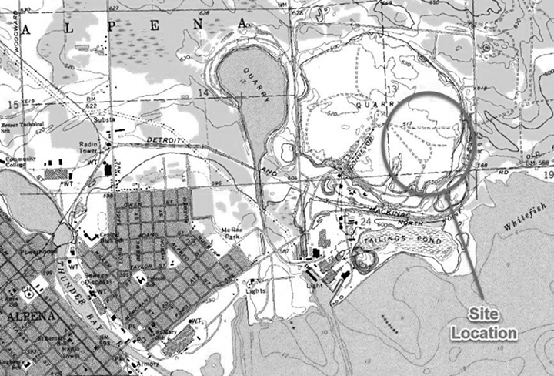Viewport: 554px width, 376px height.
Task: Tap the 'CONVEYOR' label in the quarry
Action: click(x=359, y=142)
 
